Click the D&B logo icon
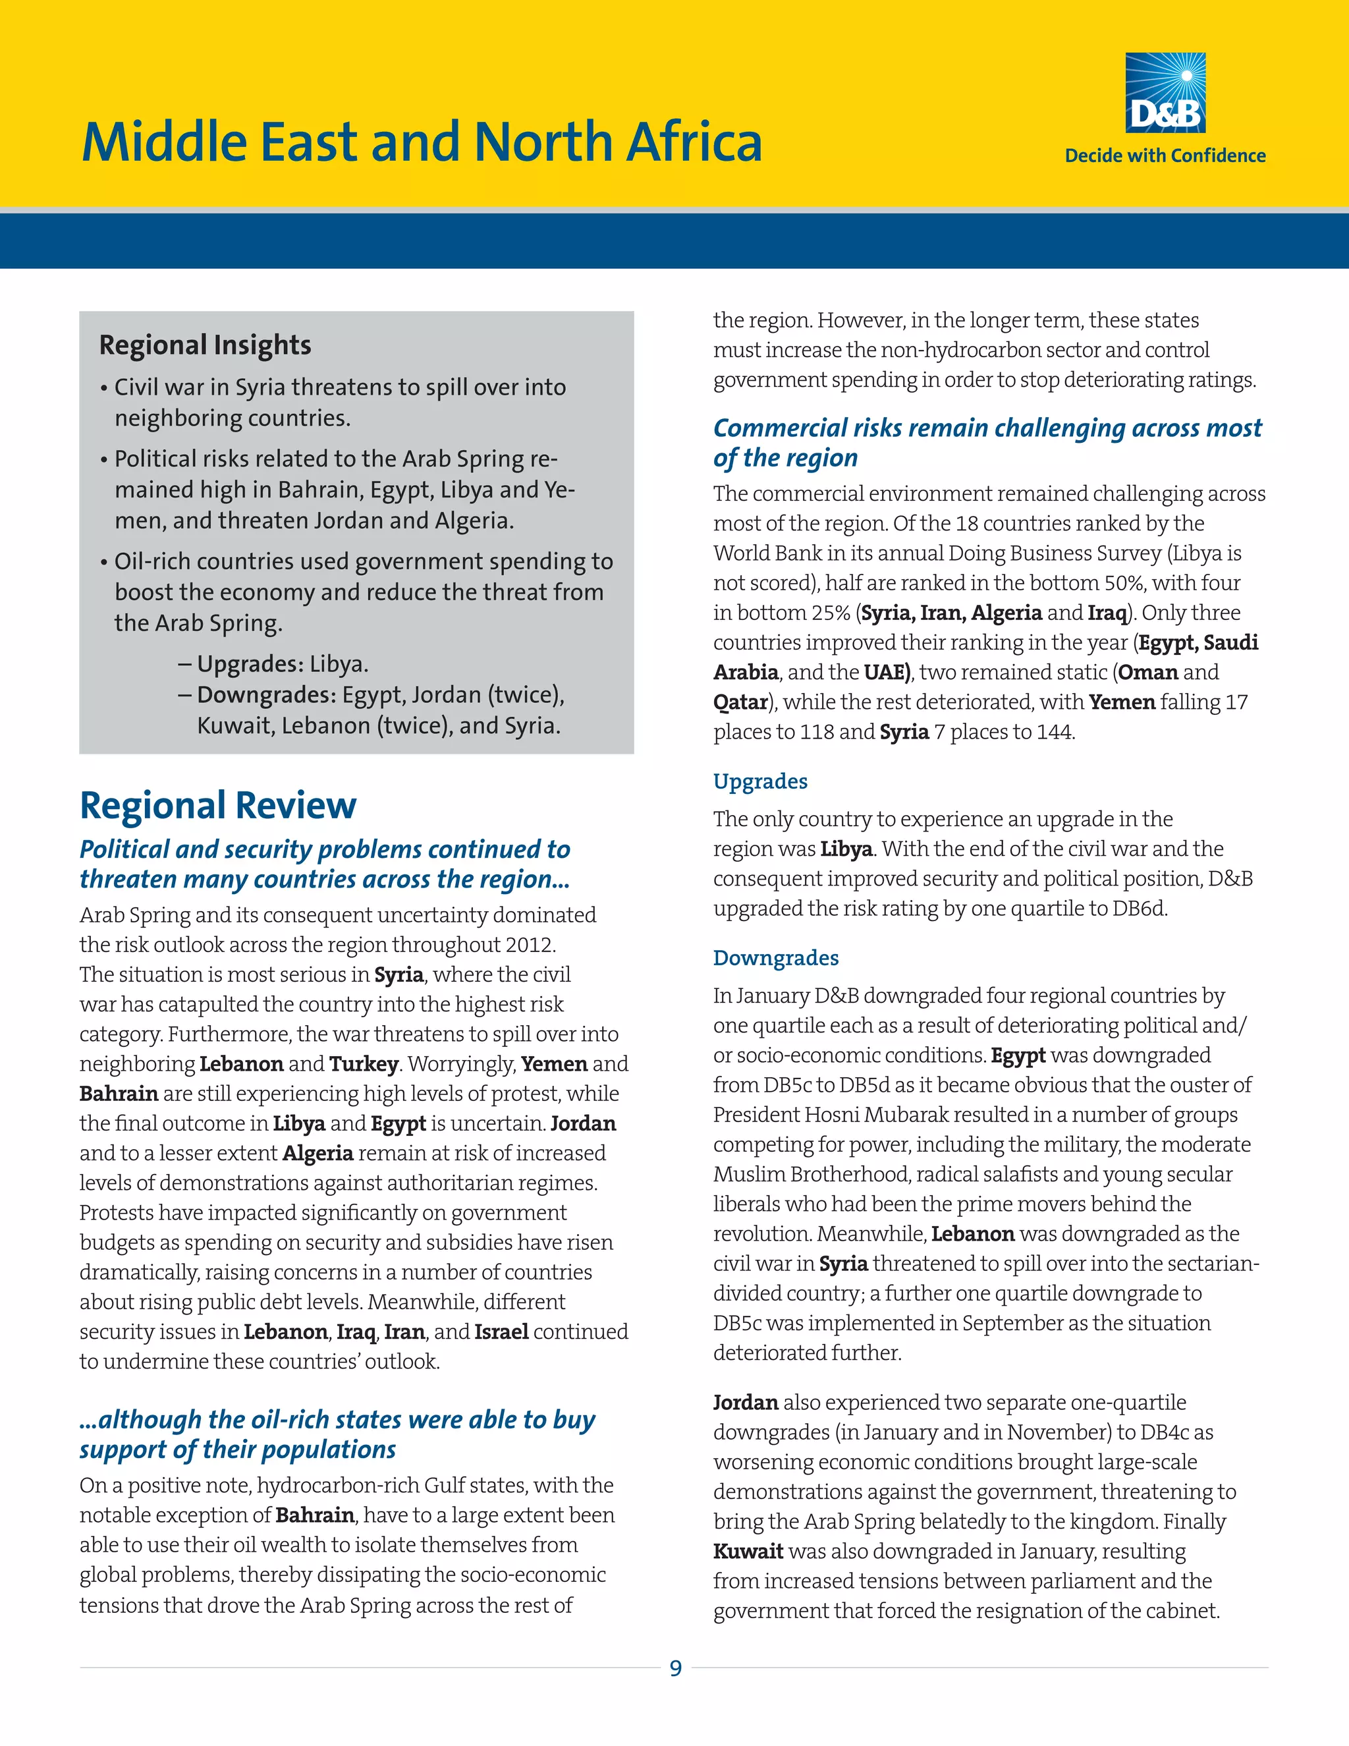click(x=1165, y=93)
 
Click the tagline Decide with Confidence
click(x=1165, y=156)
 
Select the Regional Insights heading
click(x=205, y=345)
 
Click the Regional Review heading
click(x=217, y=805)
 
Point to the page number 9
click(x=675, y=1668)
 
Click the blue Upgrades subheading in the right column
click(x=760, y=781)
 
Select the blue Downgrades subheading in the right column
click(x=775, y=958)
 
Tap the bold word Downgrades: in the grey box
click(x=266, y=694)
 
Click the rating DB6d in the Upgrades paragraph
click(x=1138, y=909)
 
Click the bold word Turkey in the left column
click(x=363, y=1064)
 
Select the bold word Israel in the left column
click(x=501, y=1332)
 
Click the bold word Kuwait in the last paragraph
click(x=748, y=1552)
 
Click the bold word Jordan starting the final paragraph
click(x=746, y=1403)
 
